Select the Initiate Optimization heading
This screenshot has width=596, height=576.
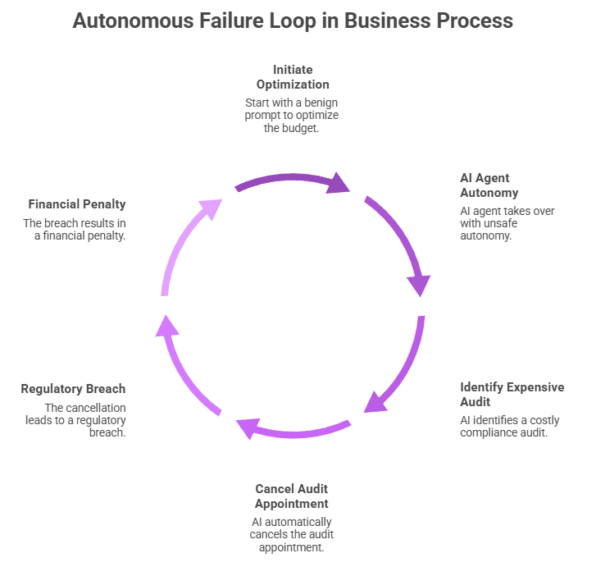click(293, 77)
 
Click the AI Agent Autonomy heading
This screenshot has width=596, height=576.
click(489, 185)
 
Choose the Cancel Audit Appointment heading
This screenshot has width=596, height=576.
click(292, 496)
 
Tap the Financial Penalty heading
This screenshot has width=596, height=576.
click(77, 204)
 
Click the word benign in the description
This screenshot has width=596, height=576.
click(321, 103)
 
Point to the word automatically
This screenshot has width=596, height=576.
click(303, 523)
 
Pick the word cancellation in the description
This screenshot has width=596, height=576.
click(96, 408)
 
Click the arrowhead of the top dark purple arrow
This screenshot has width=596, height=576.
click(337, 183)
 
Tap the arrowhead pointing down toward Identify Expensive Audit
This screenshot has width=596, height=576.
click(418, 284)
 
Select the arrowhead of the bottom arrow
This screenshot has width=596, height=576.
click(248, 427)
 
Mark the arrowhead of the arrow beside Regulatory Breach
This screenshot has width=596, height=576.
click(166, 327)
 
